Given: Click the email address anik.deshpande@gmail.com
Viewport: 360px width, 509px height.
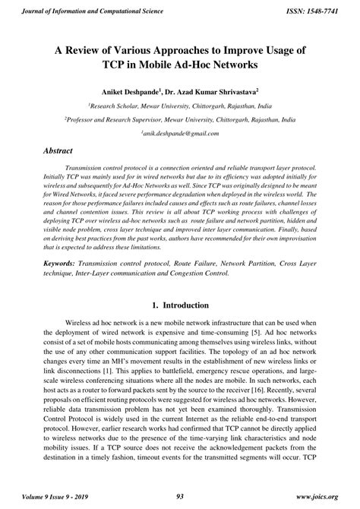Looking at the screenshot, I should point(180,133).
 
